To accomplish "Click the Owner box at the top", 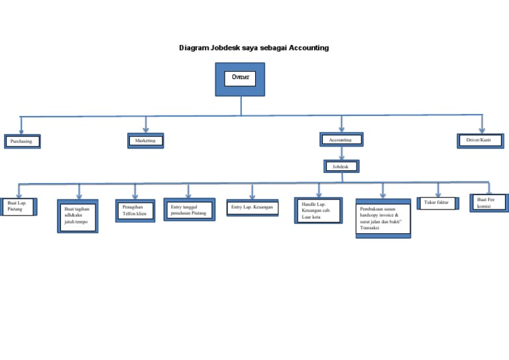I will tap(240, 79).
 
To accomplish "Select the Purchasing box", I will tap(22, 141).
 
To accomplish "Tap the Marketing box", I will tap(145, 141).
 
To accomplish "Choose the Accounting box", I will tap(341, 140).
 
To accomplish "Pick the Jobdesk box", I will tap(341, 166).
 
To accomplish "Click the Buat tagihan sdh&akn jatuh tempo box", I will tap(78, 216).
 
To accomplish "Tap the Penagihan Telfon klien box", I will tap(135, 211).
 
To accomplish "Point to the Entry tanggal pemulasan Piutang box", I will tap(189, 210).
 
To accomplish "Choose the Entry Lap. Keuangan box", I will tap(252, 208).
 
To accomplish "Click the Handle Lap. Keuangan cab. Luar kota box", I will tap(318, 210).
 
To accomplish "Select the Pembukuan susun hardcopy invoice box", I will tap(382, 218).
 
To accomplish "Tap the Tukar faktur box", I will tap(437, 202).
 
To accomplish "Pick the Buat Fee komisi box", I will tap(489, 202).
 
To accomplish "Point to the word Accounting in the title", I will tap(308, 48).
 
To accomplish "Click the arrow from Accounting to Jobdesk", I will tap(341, 153).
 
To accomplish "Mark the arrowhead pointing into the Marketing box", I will tap(146, 129).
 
